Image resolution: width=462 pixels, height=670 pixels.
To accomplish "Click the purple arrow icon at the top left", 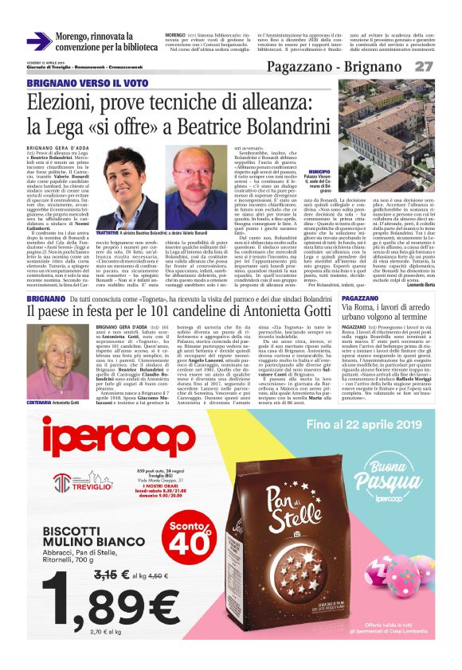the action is [x=39, y=41].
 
